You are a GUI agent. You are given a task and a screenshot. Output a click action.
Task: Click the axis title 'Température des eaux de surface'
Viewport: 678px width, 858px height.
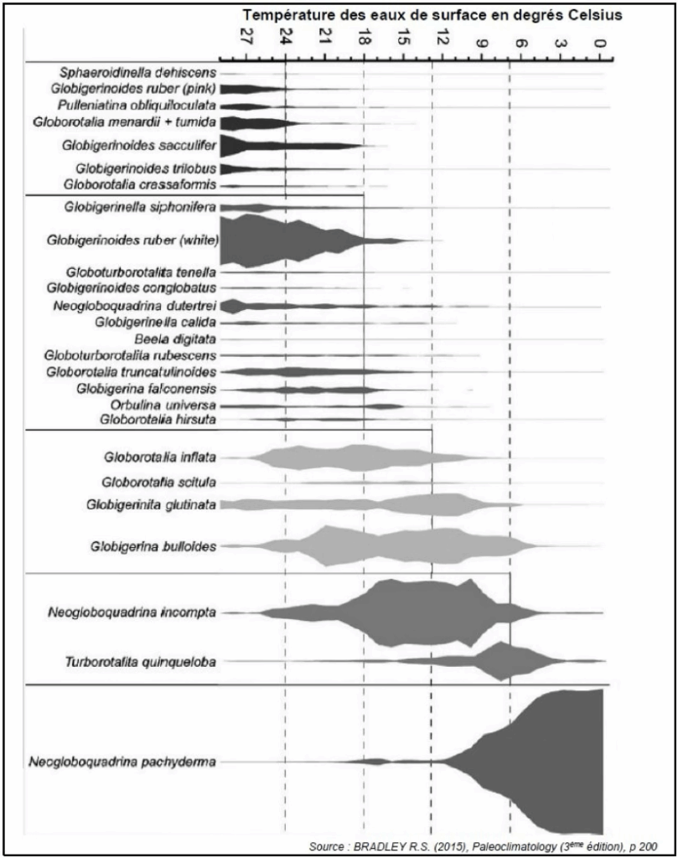(x=365, y=15)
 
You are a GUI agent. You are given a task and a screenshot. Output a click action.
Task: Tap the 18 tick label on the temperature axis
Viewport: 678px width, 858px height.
(x=364, y=36)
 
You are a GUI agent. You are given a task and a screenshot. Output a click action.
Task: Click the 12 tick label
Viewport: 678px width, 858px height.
(x=443, y=36)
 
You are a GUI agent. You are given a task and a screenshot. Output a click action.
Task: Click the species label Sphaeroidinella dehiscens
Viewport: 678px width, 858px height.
(x=138, y=72)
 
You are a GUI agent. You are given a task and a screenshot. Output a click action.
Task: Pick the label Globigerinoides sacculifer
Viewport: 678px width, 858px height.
(x=139, y=146)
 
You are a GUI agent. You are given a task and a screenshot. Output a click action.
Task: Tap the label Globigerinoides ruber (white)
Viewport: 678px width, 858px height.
(x=132, y=240)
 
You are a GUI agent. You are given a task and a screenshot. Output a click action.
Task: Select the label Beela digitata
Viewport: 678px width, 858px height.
(x=175, y=339)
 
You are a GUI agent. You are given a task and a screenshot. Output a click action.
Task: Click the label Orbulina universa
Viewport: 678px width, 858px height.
(x=163, y=406)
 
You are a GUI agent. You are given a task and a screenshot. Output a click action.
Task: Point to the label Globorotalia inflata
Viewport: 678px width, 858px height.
(x=160, y=457)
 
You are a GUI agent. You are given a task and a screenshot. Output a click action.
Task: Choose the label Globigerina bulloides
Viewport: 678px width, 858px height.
(x=153, y=546)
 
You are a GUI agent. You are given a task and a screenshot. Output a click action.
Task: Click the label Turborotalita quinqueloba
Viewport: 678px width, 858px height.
(x=141, y=662)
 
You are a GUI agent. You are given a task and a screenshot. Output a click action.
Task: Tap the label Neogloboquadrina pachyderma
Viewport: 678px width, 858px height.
(x=122, y=761)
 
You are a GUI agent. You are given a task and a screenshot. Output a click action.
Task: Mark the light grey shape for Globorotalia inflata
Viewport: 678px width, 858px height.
(x=361, y=457)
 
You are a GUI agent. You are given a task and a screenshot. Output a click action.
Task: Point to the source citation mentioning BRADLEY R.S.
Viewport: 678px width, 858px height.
(x=484, y=846)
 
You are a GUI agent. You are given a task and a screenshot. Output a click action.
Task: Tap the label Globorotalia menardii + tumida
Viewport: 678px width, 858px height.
(x=125, y=122)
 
